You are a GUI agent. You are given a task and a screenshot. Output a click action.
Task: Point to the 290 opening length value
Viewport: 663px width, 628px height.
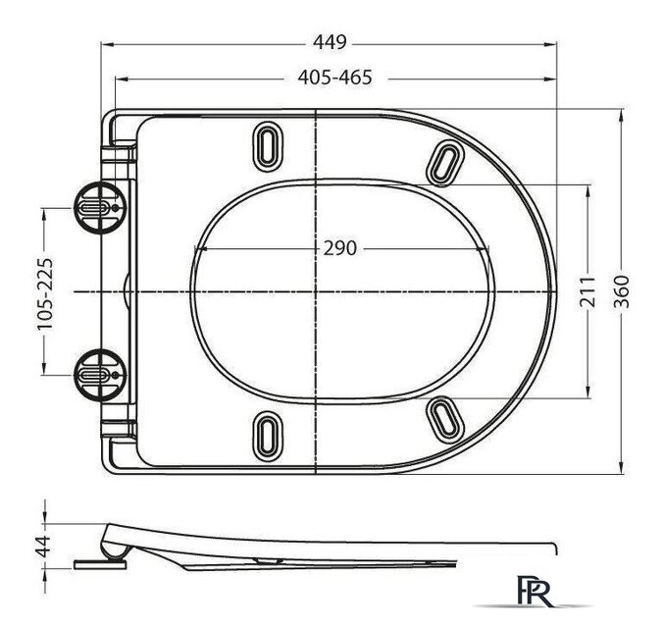pos(339,247)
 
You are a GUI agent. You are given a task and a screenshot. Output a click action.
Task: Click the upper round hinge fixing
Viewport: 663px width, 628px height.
pos(96,208)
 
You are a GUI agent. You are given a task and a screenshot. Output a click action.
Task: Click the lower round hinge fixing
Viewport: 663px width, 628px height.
pos(96,374)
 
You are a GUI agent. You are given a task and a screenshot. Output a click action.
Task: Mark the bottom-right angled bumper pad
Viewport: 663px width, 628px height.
pos(446,417)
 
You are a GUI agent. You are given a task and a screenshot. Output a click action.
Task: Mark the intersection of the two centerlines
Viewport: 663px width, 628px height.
pos(316,292)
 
